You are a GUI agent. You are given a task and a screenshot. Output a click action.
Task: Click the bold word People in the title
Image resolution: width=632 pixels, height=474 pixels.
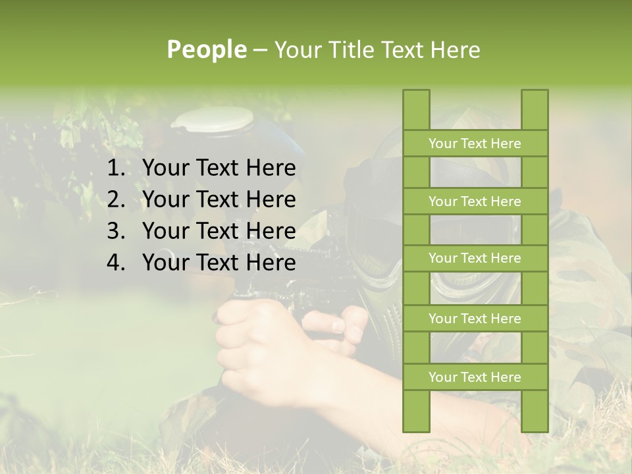[x=207, y=49]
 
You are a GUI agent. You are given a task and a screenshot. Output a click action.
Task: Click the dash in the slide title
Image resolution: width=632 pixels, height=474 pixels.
[x=259, y=50]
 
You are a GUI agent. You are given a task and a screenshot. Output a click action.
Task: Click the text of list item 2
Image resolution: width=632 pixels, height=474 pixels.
[x=219, y=199]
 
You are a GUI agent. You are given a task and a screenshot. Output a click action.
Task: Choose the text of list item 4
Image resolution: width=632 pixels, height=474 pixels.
[x=219, y=263]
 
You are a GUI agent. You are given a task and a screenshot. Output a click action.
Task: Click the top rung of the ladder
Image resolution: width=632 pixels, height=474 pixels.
[x=475, y=144]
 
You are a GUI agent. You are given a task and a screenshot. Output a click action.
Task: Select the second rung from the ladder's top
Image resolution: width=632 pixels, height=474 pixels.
[x=475, y=201]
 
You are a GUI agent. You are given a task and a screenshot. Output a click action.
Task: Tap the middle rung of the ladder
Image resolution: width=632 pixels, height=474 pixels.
[x=475, y=258]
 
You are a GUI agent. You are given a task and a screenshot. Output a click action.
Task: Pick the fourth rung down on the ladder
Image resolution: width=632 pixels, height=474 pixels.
[x=475, y=319]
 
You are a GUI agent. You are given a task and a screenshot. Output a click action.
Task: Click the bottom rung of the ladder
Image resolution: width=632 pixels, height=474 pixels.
[x=475, y=377]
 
